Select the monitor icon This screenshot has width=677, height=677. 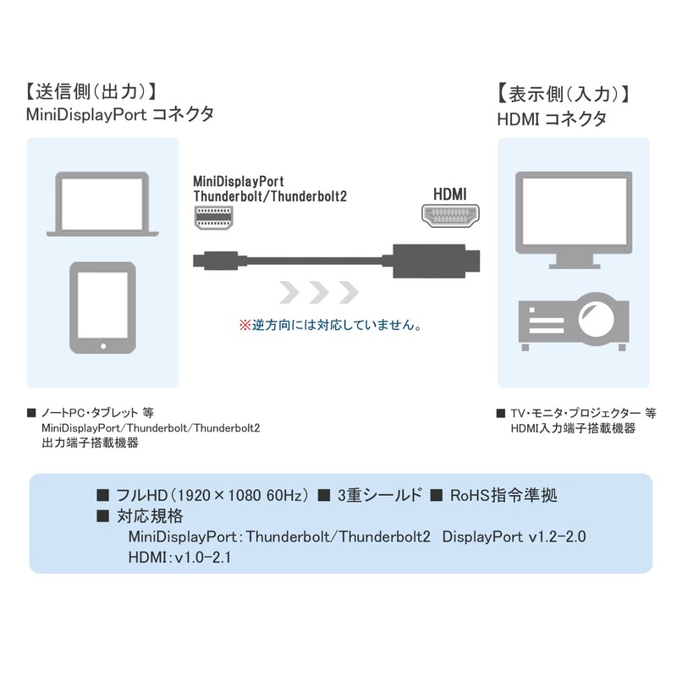[575, 216]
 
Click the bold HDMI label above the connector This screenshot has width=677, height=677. [450, 194]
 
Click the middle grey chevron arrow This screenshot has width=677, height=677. [318, 293]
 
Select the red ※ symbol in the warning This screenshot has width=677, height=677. [245, 324]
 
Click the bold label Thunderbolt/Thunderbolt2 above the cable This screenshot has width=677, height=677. [270, 196]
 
